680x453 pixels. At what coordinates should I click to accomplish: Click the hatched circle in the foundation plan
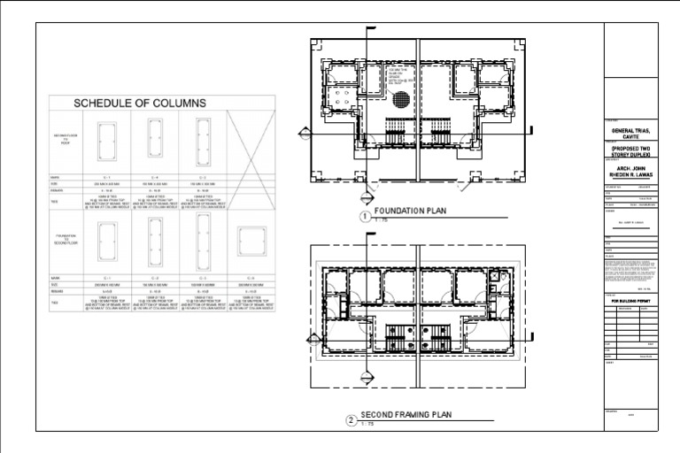coord(400,100)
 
